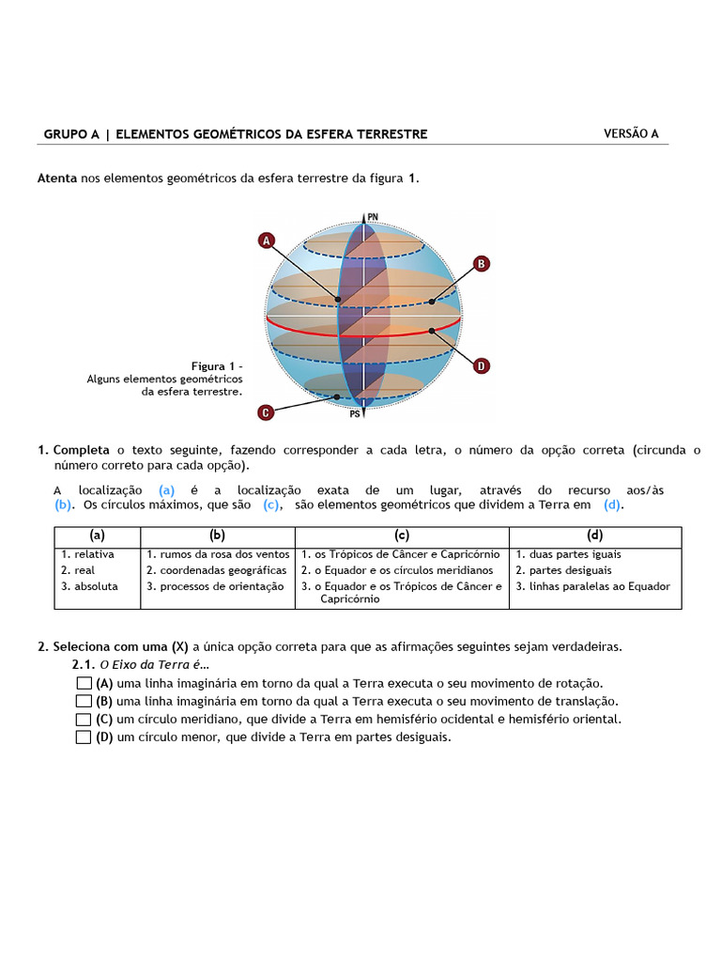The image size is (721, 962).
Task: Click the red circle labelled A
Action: coord(267,240)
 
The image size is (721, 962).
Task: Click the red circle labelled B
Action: coord(481,264)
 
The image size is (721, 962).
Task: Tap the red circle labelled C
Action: coord(266,411)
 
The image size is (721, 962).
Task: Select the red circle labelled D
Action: coord(481,365)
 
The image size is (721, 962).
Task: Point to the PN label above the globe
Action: coord(373,217)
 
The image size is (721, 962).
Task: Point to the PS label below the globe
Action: coord(356,412)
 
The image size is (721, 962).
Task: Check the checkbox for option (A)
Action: coord(84,683)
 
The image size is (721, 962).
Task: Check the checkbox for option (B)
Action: coord(84,701)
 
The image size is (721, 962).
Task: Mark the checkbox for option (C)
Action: coord(84,720)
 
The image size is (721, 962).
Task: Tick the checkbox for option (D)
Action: coord(84,737)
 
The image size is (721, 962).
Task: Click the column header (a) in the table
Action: coord(97,535)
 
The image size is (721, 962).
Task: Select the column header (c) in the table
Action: coord(402,535)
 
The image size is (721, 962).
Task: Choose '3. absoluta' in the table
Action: coord(90,586)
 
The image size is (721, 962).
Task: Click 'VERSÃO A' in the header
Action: coord(631,133)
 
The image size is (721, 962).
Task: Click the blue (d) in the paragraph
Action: coord(613,504)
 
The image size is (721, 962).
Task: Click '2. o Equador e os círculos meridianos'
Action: coord(397,570)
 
